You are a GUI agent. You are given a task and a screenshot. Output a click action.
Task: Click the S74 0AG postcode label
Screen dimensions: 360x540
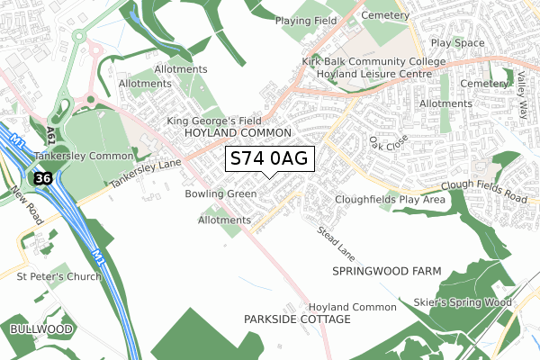(269, 159)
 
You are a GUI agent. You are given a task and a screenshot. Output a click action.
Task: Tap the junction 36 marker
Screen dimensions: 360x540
(43, 178)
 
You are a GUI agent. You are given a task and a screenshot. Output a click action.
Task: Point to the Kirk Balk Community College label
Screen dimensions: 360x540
(373, 61)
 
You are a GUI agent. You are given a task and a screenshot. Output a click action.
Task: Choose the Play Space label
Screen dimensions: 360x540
(458, 42)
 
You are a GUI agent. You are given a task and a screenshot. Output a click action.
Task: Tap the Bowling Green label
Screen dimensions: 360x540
(220, 193)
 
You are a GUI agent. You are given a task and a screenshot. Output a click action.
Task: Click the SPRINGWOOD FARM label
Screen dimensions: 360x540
(382, 270)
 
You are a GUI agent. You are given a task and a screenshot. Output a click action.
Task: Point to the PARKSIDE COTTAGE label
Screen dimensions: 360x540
(295, 319)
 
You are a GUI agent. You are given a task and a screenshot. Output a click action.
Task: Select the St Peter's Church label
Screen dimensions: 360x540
(58, 276)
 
